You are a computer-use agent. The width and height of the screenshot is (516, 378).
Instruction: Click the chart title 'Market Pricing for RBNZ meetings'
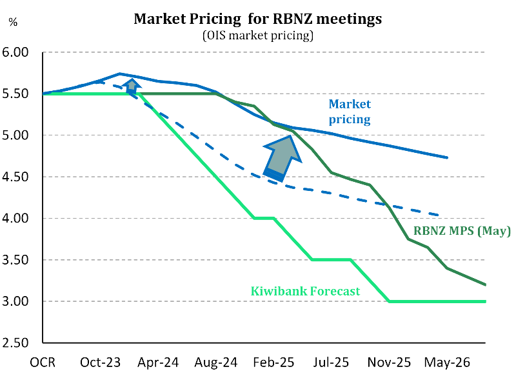point(257,19)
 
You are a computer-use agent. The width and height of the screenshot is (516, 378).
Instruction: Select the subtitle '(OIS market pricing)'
point(258,35)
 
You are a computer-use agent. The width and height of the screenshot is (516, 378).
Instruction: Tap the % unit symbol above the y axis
point(13,21)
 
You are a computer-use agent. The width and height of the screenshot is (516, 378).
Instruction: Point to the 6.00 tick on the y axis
point(22,52)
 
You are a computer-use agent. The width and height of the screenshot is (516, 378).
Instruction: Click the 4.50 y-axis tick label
point(22,177)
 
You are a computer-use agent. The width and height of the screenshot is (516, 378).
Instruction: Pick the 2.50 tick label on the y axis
point(22,344)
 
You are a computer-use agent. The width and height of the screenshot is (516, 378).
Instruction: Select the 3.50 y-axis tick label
point(22,261)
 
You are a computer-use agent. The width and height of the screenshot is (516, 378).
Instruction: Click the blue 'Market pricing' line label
point(350,111)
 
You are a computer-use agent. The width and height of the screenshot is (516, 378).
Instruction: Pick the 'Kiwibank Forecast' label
point(304,291)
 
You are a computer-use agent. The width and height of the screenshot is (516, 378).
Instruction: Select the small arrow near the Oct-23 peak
point(132,86)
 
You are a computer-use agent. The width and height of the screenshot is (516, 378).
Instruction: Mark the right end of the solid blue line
point(448,157)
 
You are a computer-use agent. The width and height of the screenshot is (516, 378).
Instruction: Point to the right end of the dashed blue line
point(439,215)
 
